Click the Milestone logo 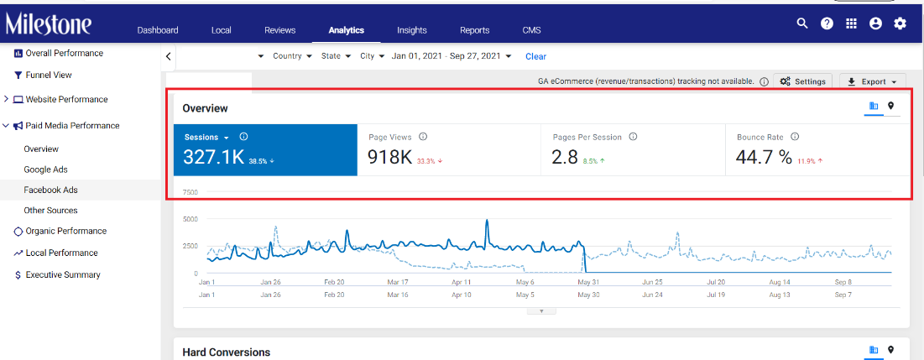49,23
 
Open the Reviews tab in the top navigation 280,30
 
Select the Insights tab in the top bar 412,30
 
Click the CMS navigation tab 531,30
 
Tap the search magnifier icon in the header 802,23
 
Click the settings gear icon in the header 900,23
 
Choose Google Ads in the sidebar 46,170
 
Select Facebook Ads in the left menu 50,190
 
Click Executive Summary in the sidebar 58,274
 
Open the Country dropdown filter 292,56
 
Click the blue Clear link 535,56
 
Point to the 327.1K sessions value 213,157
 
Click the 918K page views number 389,157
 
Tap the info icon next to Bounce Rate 795,137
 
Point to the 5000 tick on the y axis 191,218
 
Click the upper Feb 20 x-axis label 334,281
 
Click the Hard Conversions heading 227,352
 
